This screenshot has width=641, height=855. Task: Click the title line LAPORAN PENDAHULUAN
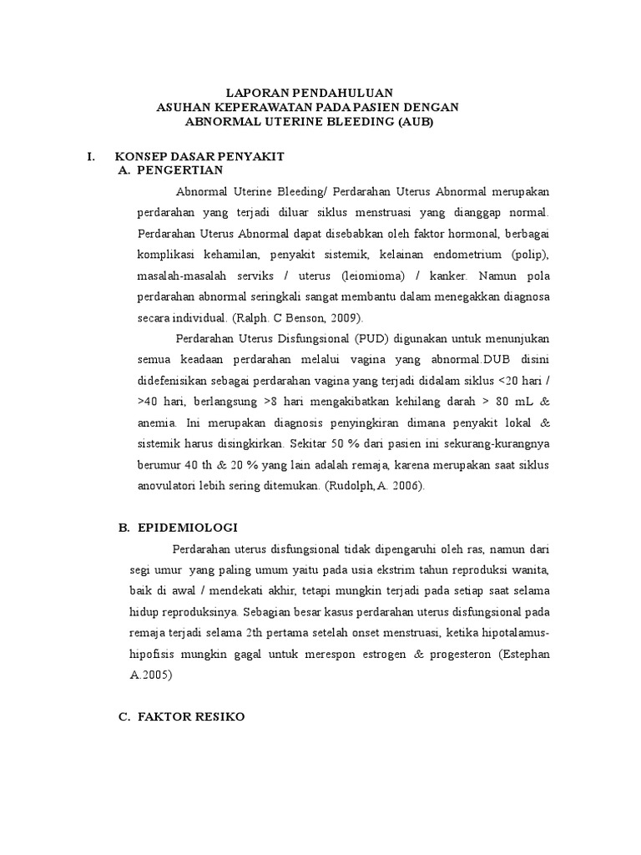point(310,92)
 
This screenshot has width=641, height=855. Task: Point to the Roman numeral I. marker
point(92,157)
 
